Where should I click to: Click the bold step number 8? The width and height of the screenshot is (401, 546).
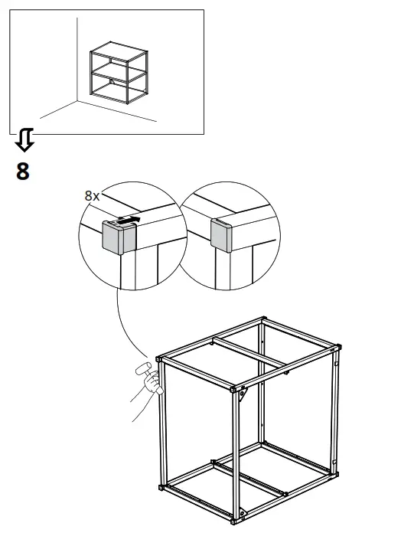(x=23, y=171)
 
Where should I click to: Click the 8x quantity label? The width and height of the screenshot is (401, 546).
(x=92, y=196)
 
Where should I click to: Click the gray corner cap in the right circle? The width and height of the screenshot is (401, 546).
(x=222, y=236)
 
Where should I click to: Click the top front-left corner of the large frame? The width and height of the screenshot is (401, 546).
(x=159, y=358)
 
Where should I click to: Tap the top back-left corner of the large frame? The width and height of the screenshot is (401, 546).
(x=263, y=319)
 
